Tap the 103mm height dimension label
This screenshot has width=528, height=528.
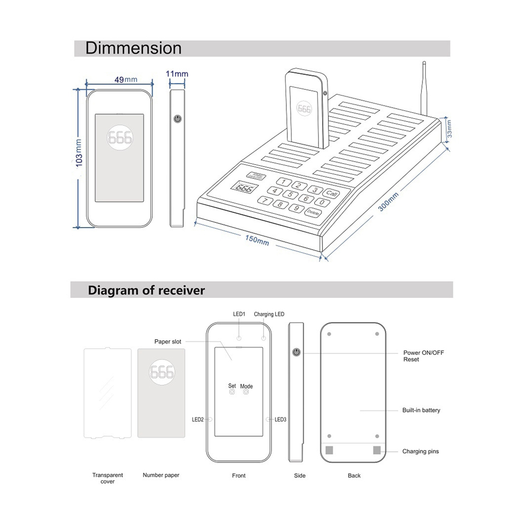pos(79,153)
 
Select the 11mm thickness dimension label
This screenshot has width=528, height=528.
pos(177,74)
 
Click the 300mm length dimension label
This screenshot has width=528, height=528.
pos(389,201)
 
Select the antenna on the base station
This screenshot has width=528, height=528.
pos(423,90)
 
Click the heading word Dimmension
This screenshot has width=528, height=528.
pos(134,49)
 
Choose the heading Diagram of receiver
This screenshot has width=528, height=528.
pos(146,290)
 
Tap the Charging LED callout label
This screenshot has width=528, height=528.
pos(269,314)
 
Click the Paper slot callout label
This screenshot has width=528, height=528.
pos(168,342)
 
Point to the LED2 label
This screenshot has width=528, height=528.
pos(198,420)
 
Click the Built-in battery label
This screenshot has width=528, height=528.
pos(421,410)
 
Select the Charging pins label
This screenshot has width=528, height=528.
pos(420,451)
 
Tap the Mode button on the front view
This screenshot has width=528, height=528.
pos(246,392)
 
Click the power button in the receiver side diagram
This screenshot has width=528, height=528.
pos(297,352)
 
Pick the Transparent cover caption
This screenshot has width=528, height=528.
pos(103,478)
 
